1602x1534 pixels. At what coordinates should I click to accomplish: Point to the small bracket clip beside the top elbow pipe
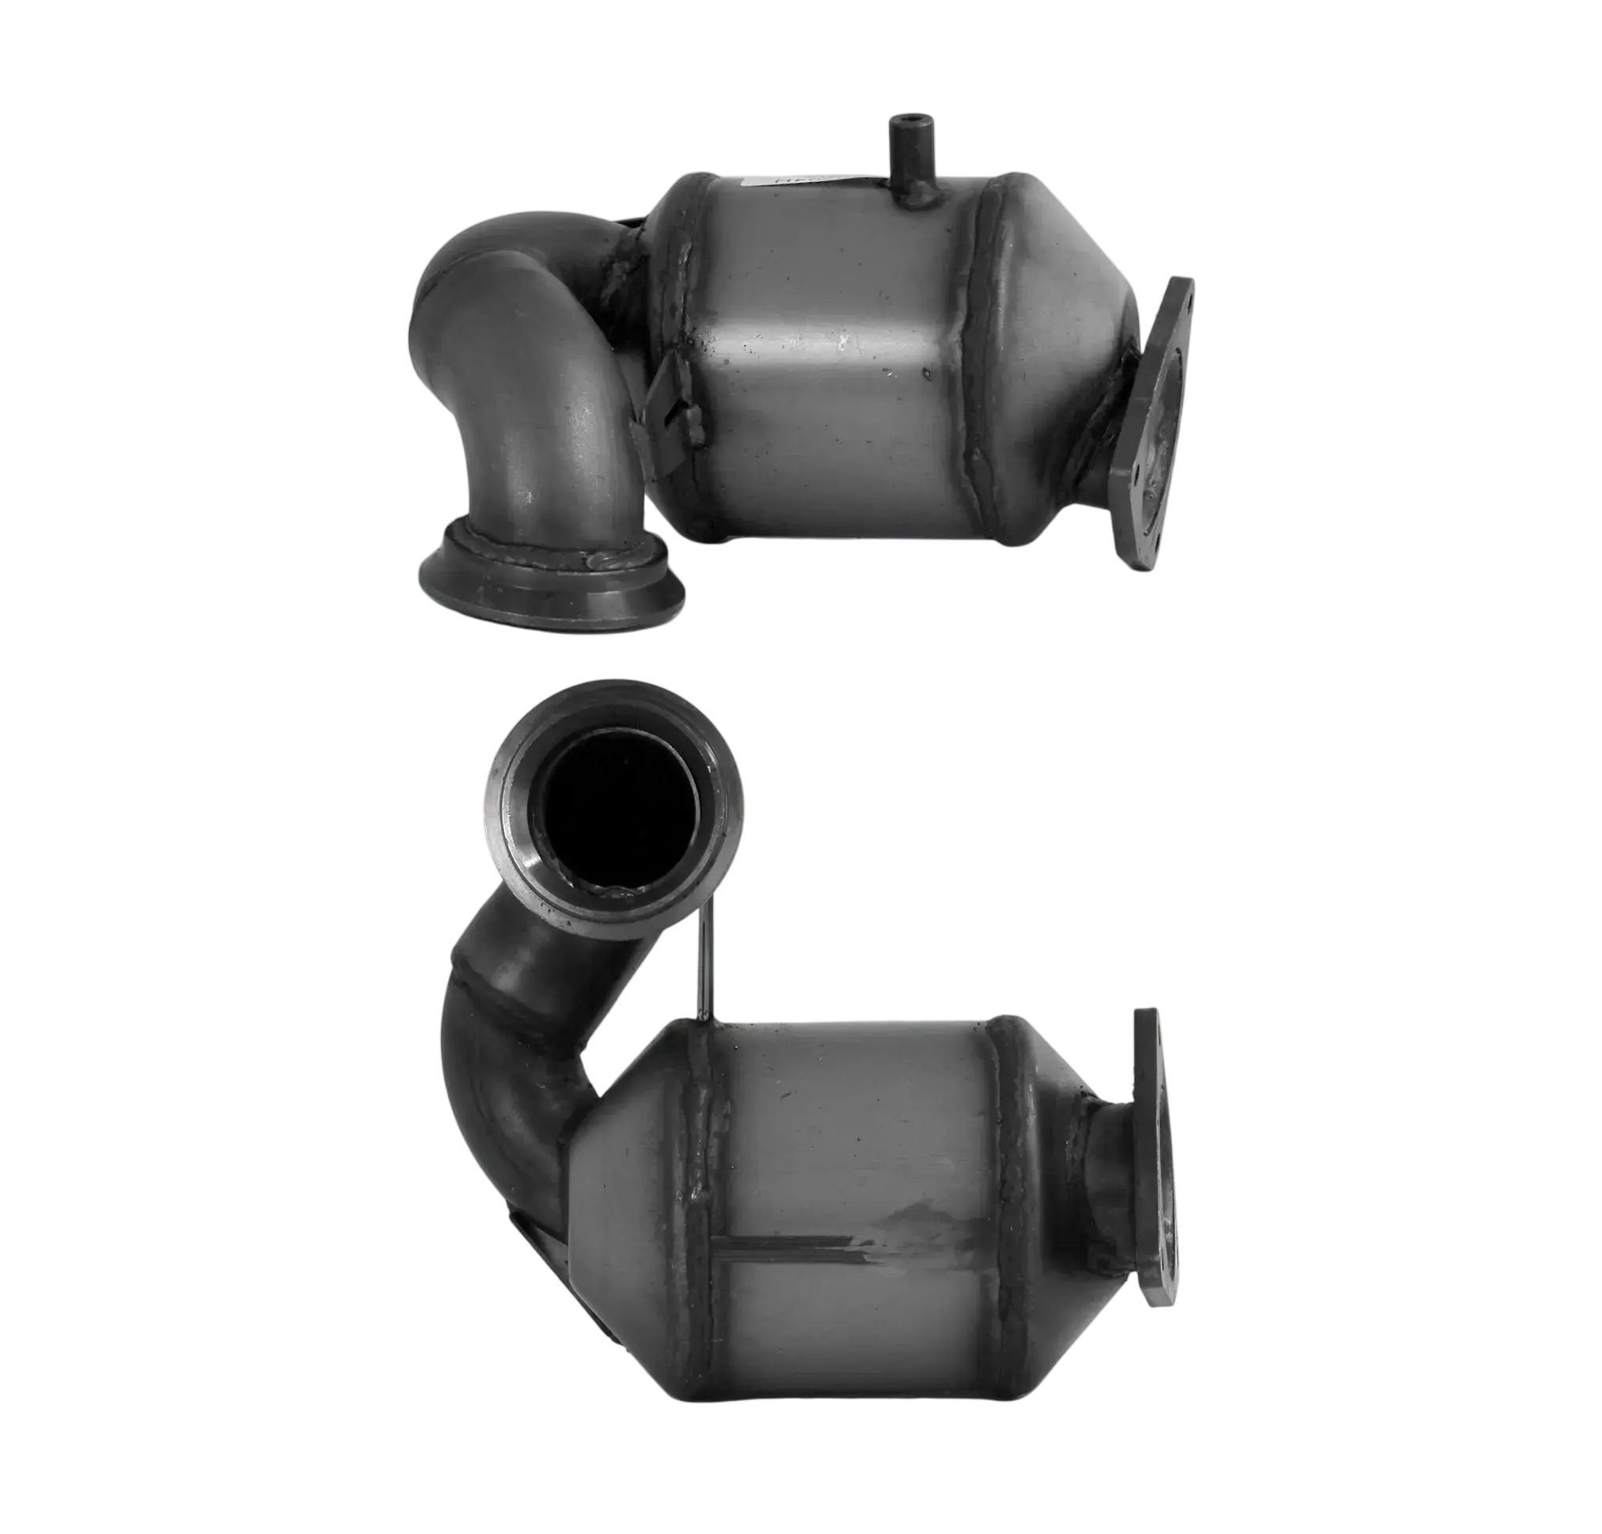[674, 401]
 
